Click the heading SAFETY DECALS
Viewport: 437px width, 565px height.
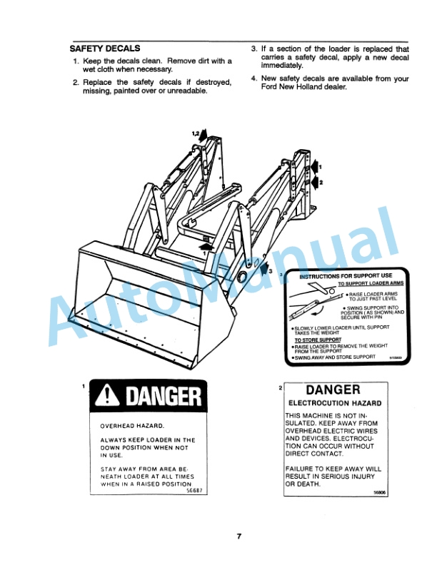pos(99,50)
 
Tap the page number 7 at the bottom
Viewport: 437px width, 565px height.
pos(240,536)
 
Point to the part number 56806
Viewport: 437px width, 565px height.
pos(380,492)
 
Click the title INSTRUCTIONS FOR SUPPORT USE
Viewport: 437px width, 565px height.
pos(346,275)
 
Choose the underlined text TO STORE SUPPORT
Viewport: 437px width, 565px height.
pos(317,340)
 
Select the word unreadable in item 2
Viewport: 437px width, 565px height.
pos(186,91)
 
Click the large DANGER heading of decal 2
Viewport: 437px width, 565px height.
pos(333,390)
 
